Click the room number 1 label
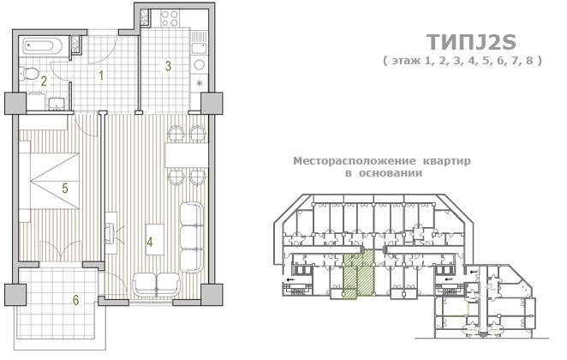[x=102, y=75]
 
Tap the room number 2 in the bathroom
[x=44, y=81]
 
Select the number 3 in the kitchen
[x=168, y=66]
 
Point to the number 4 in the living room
[x=150, y=242]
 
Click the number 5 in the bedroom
[x=65, y=188]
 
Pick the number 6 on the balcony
[x=75, y=300]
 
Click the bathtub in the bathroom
[x=43, y=46]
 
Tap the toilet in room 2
[x=28, y=74]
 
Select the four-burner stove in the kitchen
[x=170, y=19]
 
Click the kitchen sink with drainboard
[x=199, y=43]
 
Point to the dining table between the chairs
[x=186, y=155]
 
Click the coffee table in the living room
[x=155, y=239]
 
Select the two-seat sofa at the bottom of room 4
[x=156, y=284]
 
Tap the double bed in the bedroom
[x=49, y=181]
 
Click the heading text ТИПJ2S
[x=471, y=42]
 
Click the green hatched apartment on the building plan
[x=358, y=274]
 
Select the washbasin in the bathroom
[x=56, y=102]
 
